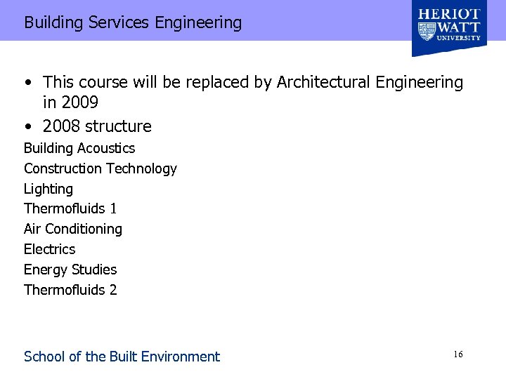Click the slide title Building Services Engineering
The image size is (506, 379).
point(133,22)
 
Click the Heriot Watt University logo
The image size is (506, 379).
point(449,28)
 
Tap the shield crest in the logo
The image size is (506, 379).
point(426,32)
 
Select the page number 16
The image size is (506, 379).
point(458,355)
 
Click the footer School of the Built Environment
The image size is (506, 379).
point(122,357)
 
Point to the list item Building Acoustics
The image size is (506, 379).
point(79,148)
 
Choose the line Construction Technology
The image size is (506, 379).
point(100,168)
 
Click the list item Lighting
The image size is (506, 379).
point(48,189)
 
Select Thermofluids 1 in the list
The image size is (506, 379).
point(70,208)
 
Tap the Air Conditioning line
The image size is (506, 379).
point(73,229)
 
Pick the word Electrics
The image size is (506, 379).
point(49,249)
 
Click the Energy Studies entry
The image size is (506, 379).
point(70,270)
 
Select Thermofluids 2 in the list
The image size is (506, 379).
point(70,289)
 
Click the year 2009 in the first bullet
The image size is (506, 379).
point(80,103)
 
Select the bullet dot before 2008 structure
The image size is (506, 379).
point(27,127)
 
